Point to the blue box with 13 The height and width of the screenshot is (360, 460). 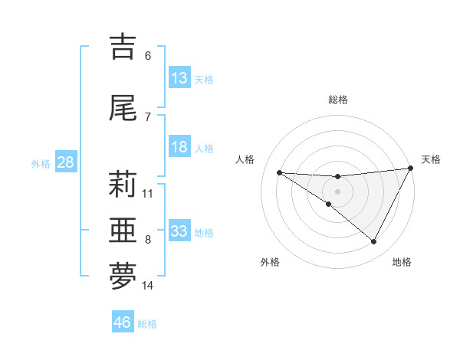(179, 77)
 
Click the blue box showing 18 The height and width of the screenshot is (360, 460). (179, 147)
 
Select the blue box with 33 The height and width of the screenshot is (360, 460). (179, 231)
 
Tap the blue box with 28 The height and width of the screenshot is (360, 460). (65, 162)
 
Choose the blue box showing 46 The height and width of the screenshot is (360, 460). (123, 322)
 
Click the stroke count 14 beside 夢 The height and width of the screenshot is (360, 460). (148, 286)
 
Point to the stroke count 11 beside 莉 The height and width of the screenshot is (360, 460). (148, 193)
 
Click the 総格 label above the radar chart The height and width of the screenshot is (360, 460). (337, 100)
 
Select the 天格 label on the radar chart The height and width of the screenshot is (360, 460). (431, 159)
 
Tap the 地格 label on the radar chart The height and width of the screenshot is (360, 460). (402, 262)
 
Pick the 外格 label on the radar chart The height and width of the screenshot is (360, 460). (270, 262)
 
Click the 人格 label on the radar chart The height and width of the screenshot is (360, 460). (245, 159)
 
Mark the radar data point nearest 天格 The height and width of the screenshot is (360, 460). (411, 169)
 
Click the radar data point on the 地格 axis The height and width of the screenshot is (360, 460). (374, 242)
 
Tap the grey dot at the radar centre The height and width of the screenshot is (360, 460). (337, 191)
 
